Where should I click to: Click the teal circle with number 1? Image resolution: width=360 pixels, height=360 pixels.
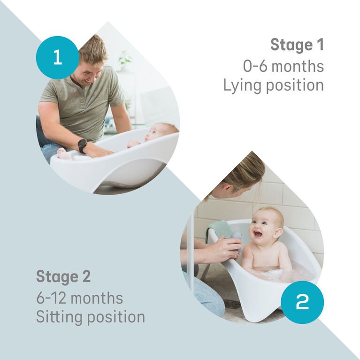pos(57,57)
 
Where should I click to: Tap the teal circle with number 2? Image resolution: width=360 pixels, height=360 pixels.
pos(302,302)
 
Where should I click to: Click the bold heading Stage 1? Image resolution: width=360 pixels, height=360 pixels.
pos(297,46)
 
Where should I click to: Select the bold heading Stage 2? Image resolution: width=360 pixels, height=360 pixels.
pos(63,276)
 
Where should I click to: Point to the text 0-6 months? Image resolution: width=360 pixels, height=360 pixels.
pos(283,66)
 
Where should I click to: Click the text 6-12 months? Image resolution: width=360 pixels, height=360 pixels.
pos(79,298)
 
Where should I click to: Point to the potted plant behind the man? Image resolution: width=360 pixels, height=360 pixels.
pos(125,59)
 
